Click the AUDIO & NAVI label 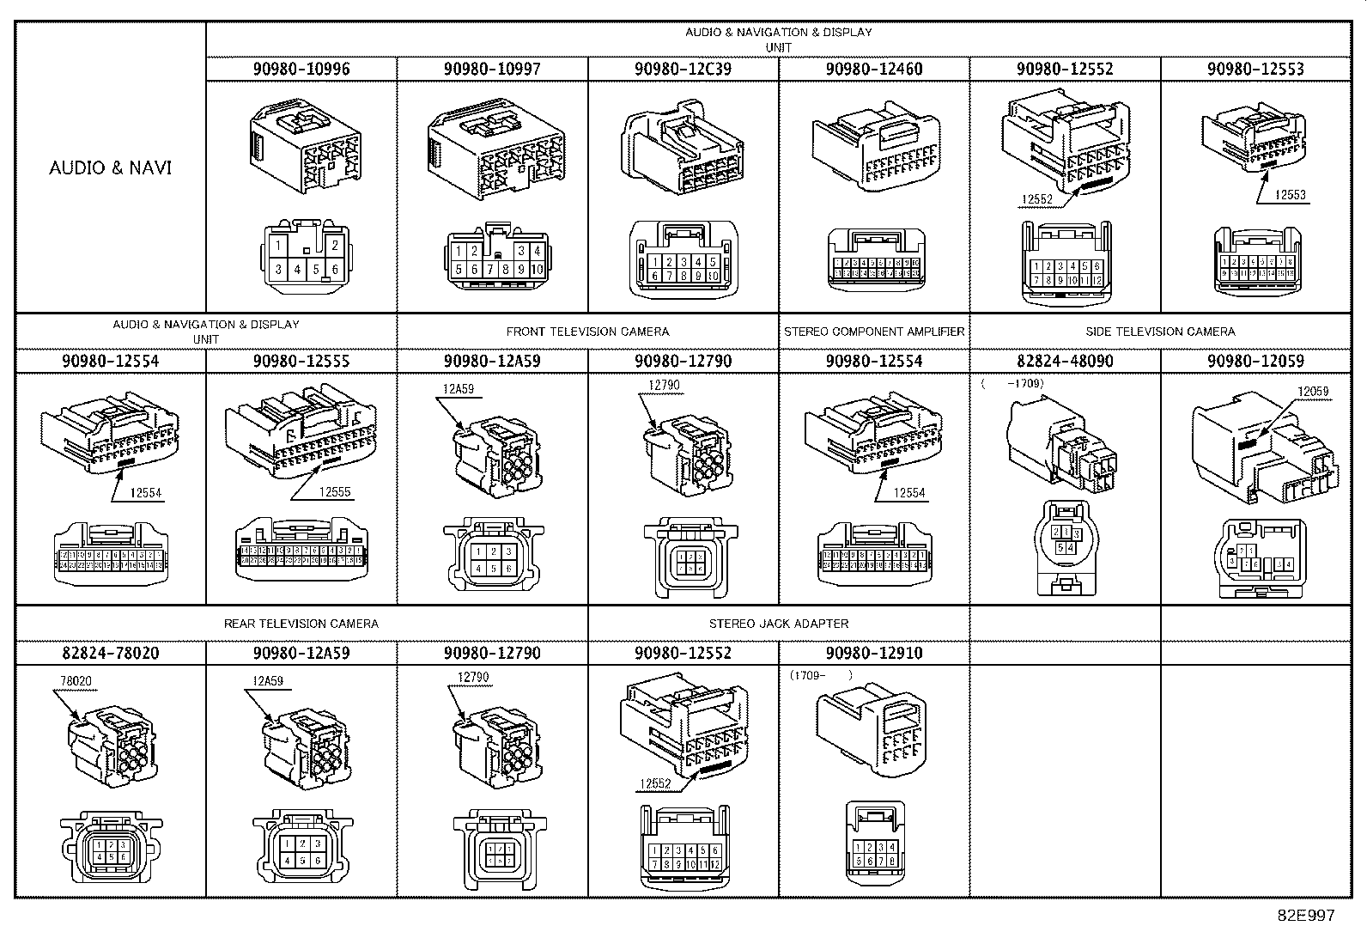pos(110,167)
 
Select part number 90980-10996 pos(301,69)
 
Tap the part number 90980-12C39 pos(683,69)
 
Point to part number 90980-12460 pos(873,69)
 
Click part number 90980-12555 pos(301,361)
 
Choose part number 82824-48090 pos(1065,361)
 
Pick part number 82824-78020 pos(110,653)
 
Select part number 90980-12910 pos(873,653)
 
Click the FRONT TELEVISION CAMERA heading pos(587,332)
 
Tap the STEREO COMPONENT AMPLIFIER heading pos(874,332)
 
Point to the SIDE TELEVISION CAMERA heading pos(1160,332)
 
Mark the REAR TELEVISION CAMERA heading pos(301,624)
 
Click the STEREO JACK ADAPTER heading pos(779,624)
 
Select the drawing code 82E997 pos(1306,916)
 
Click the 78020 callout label pos(76,682)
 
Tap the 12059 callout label pos(1313,392)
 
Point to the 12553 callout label pos(1290,195)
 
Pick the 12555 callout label pos(335,492)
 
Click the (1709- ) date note pos(821,675)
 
